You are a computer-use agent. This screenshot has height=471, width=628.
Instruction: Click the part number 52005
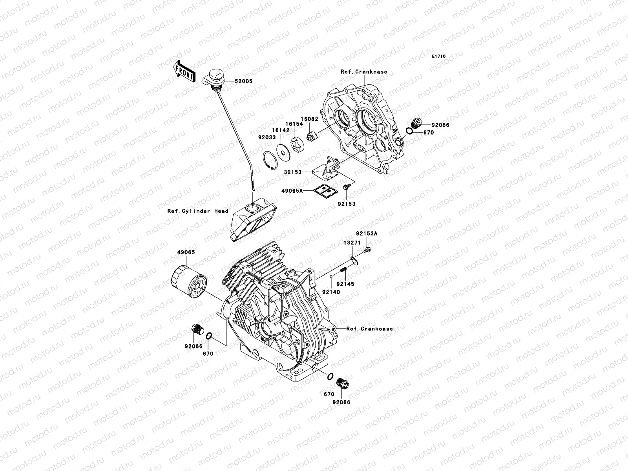coord(243,82)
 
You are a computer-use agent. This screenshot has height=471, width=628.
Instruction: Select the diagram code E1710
coord(439,57)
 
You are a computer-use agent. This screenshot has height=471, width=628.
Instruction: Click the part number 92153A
coord(367,233)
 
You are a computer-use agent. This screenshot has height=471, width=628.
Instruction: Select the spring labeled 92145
coord(342,271)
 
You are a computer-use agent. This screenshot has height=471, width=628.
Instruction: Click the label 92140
coord(331,292)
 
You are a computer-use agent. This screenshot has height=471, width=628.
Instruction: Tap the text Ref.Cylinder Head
coord(198,211)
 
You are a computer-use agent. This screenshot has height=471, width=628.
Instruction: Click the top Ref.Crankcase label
coord(364,72)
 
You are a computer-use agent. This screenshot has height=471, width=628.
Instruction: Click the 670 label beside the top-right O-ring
coord(429,133)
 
